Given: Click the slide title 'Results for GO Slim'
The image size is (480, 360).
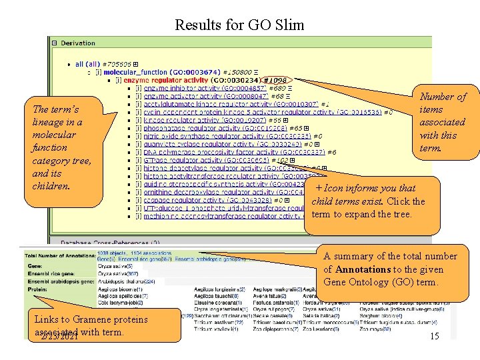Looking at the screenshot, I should pyautogui.click(x=239, y=25).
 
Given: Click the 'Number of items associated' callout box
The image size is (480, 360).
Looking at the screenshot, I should pyautogui.click(x=442, y=122).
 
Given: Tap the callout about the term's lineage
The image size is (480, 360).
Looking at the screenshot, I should pyautogui.click(x=62, y=147).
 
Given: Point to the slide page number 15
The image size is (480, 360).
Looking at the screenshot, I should pyautogui.click(x=434, y=336).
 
